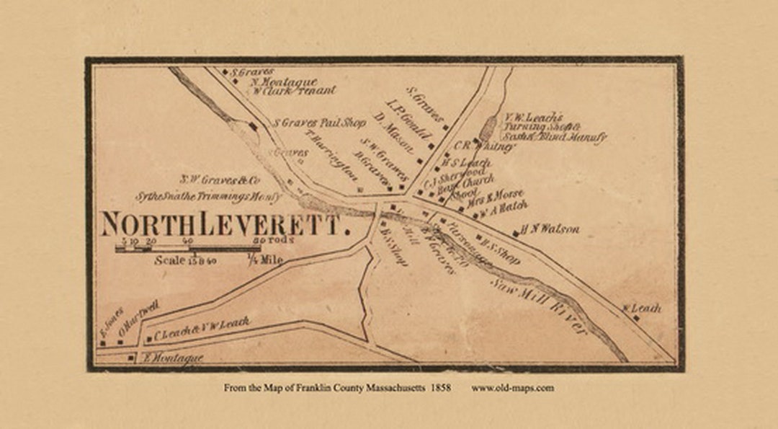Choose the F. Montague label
pos(173,358)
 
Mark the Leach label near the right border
pos(646,308)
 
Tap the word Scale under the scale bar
pos(169,260)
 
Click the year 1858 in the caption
pos(440,388)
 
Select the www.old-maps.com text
pos(512,388)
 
